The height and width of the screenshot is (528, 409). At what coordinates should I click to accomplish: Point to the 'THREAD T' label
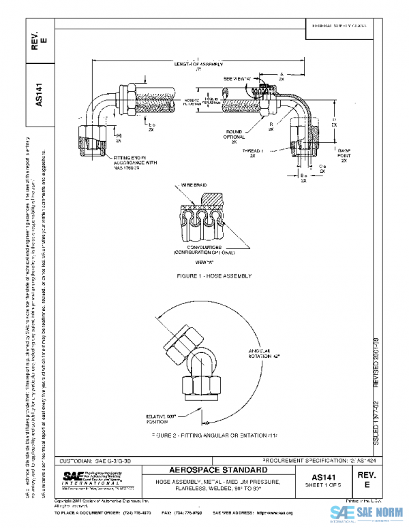pyautogui.click(x=253, y=150)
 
